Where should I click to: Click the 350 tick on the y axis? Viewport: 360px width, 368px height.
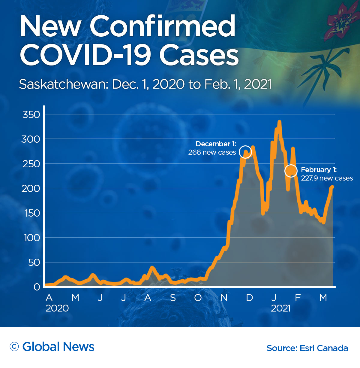[31, 114]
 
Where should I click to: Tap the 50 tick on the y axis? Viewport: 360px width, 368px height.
[34, 263]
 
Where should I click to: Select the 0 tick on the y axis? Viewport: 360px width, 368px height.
[37, 287]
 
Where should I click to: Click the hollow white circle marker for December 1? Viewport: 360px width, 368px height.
[245, 152]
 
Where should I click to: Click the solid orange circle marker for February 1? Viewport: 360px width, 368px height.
[291, 171]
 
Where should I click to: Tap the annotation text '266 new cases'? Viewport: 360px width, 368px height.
[212, 152]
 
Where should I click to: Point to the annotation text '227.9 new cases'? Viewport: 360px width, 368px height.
[327, 178]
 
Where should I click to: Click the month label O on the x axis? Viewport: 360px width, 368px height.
[198, 298]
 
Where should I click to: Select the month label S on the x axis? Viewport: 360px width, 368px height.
[173, 298]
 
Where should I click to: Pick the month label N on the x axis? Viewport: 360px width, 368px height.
[224, 298]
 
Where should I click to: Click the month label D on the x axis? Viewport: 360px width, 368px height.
[249, 298]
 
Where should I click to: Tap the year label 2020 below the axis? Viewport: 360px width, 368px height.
[57, 308]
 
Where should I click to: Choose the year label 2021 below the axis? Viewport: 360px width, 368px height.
[280, 308]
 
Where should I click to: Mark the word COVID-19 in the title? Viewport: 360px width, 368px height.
[85, 55]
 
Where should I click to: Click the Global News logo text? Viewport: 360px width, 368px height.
[58, 347]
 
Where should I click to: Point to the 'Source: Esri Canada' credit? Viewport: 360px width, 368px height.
[307, 348]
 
